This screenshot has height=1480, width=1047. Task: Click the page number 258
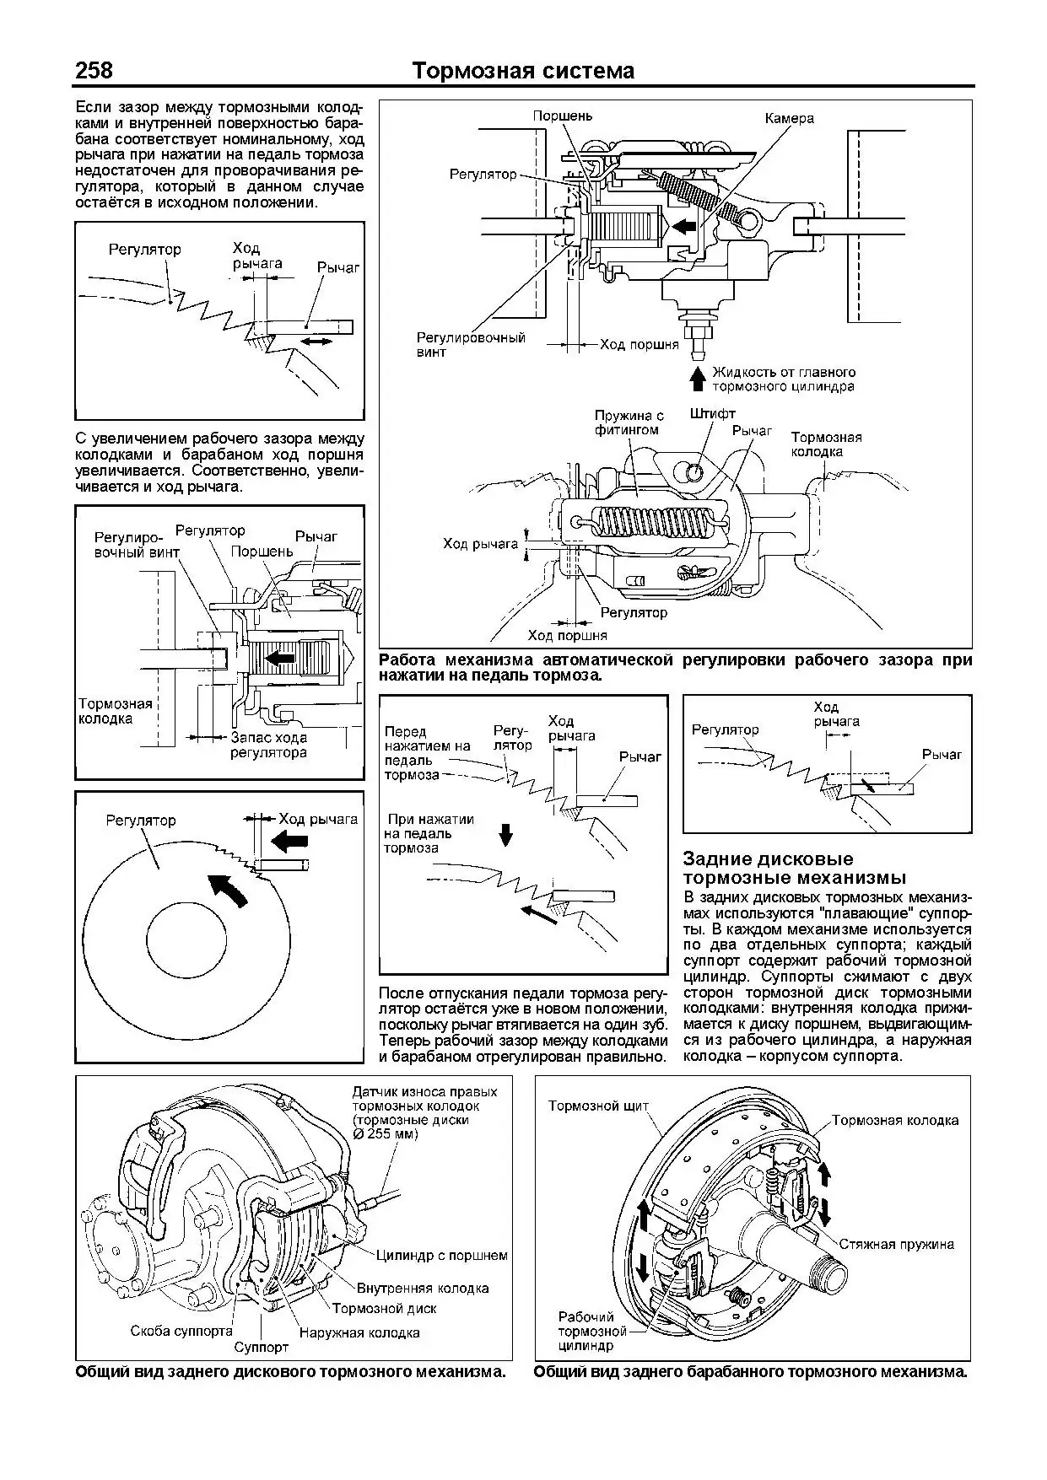94,70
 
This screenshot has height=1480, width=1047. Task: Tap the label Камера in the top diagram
789,119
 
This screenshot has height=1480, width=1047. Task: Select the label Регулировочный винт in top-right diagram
471,344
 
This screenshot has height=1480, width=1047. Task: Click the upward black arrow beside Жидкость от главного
697,378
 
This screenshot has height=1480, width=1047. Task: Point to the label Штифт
712,414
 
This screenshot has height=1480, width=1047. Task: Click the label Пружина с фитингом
629,422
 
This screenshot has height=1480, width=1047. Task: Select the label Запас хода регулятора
267,745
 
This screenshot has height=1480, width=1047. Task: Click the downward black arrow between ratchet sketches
506,834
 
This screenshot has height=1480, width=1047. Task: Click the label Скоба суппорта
181,1331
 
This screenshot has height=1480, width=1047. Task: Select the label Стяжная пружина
896,1244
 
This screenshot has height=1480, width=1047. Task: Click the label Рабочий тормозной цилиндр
591,1331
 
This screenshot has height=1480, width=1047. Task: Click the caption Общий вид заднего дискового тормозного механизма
291,1372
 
